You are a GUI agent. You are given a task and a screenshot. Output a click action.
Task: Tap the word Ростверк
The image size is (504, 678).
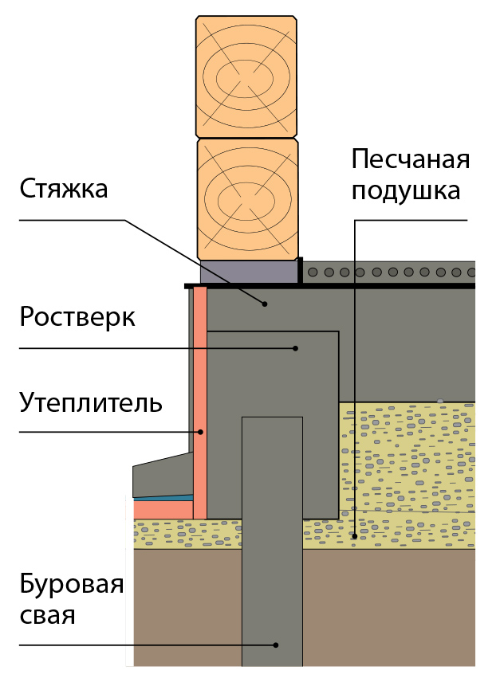point(77,317)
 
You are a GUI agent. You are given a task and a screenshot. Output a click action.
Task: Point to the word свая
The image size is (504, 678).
point(48,615)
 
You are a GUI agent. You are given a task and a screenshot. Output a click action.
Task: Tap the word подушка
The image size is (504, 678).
point(407,191)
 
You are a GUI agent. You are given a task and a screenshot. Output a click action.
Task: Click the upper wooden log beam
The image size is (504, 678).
point(246,75)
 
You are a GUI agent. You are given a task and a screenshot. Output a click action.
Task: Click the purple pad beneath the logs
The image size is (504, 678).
point(249,272)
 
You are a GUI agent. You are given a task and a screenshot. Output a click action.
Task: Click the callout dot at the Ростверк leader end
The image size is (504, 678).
point(295,348)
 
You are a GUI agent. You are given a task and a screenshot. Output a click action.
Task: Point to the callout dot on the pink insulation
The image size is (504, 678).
point(201,432)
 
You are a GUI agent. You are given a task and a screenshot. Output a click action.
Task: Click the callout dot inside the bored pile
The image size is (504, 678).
point(275,645)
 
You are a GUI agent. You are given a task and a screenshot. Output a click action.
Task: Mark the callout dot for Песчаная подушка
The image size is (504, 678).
point(354,536)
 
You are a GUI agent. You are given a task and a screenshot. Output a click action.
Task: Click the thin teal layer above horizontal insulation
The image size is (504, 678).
point(163,496)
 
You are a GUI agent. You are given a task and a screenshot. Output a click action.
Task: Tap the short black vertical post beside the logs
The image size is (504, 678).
point(301,270)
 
